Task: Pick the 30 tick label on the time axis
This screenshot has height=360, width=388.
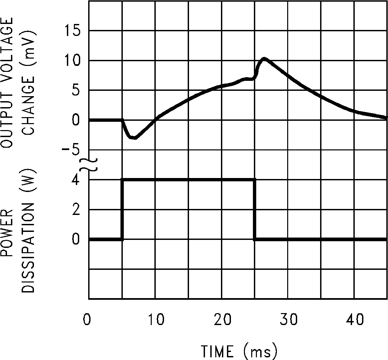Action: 288,320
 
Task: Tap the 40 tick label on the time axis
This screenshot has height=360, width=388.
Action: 355,320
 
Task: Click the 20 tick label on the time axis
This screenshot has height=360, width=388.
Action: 222,320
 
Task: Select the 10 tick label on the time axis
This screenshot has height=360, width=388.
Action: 155,320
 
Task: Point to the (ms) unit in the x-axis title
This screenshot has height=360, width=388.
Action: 260,351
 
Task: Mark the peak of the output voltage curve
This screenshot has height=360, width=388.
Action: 264,59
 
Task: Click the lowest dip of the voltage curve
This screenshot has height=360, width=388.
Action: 133,138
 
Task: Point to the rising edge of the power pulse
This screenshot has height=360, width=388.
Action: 122,210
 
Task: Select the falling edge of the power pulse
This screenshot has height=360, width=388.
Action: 255,210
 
